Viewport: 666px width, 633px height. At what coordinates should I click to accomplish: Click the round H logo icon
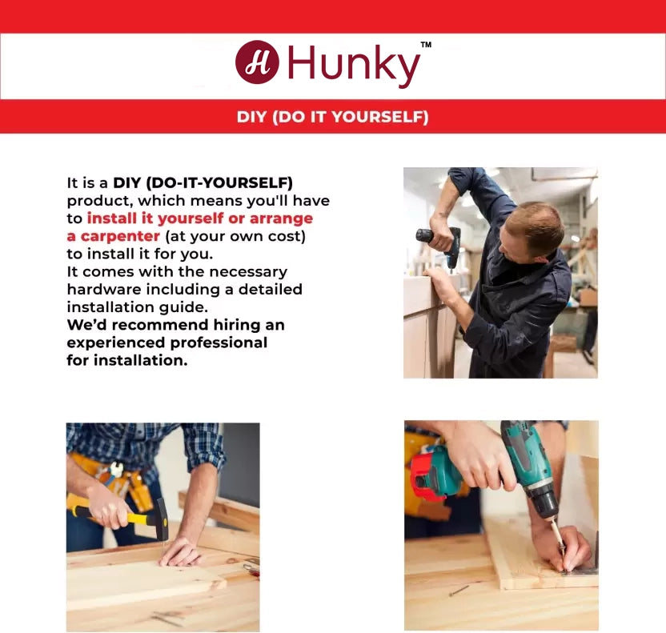point(257,62)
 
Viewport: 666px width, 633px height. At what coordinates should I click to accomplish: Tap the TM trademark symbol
point(426,44)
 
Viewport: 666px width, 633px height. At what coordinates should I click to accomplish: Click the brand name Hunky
point(354,65)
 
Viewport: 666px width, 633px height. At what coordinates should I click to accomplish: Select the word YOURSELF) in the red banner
point(380,117)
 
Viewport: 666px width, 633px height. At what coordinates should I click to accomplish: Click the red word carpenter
point(120,236)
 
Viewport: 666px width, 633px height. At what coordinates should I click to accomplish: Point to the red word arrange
point(281,218)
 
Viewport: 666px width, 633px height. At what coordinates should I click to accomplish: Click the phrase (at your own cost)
point(235,236)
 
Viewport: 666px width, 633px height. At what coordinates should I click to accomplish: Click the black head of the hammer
point(162,519)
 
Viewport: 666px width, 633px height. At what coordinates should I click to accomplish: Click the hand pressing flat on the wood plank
point(181,553)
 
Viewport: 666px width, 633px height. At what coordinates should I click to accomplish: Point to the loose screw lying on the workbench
point(459,590)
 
